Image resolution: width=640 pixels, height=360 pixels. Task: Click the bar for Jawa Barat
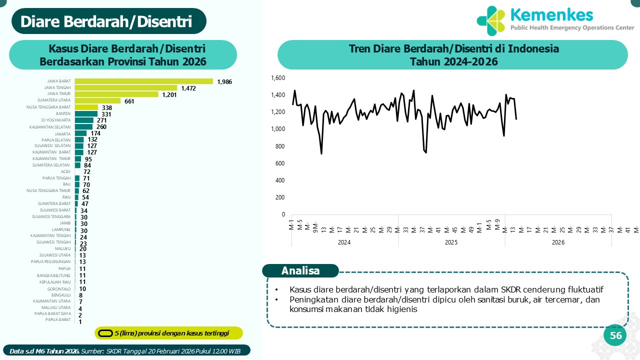(144, 81)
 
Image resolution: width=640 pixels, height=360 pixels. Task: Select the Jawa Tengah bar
(126, 88)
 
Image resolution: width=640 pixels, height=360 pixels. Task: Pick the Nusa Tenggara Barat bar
(86, 107)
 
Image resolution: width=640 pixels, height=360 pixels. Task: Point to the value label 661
(129, 101)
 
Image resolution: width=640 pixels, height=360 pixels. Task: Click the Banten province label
(63, 113)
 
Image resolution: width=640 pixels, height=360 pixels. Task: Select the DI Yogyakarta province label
(56, 120)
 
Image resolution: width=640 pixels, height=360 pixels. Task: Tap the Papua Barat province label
(58, 319)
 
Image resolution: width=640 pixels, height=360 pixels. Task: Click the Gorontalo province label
(59, 288)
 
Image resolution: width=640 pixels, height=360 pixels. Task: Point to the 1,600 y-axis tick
(277, 78)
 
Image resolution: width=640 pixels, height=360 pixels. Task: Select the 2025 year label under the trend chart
(451, 242)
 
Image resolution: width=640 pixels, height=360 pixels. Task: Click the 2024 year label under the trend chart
(344, 242)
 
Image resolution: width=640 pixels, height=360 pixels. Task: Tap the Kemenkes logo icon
(491, 20)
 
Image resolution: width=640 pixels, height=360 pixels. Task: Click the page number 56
(616, 335)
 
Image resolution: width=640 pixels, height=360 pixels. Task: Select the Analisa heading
(300, 271)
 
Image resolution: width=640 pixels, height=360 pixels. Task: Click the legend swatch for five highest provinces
(105, 333)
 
